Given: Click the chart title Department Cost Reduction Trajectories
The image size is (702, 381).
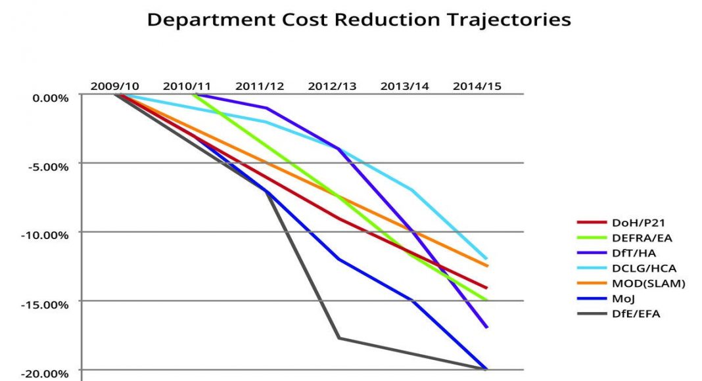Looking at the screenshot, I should point(358,20).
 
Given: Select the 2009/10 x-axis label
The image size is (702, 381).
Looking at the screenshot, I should point(115,86).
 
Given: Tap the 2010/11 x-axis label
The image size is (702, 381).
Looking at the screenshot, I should point(187,86).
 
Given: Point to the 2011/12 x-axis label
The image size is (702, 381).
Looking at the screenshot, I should point(260,86).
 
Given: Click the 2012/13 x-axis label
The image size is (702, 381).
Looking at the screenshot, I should point(333,86).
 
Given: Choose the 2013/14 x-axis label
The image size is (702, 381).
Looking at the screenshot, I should point(405,86).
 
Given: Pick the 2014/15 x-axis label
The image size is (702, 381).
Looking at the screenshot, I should point(477,86).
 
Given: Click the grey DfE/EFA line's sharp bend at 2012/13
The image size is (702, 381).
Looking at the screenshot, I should point(339,338).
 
